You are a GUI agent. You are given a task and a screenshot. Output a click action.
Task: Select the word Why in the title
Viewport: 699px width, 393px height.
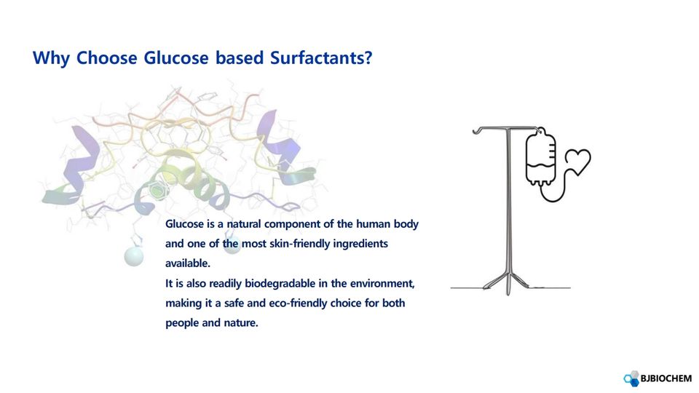[x=51, y=58]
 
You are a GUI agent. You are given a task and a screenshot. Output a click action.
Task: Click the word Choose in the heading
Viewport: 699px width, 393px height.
[x=106, y=58]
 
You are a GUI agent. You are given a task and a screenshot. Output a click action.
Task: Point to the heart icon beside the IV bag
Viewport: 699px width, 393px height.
[x=578, y=162]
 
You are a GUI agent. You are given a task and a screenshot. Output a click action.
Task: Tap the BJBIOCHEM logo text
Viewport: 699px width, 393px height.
[x=666, y=378]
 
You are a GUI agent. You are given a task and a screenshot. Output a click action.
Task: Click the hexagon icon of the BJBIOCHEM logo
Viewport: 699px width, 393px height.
[x=631, y=378]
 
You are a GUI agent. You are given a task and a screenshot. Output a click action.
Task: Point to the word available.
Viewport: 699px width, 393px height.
[x=188, y=263]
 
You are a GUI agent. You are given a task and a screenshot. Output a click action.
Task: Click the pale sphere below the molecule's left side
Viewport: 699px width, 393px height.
[x=134, y=256]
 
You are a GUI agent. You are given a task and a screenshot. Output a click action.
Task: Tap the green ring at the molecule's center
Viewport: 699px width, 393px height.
[x=157, y=190]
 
